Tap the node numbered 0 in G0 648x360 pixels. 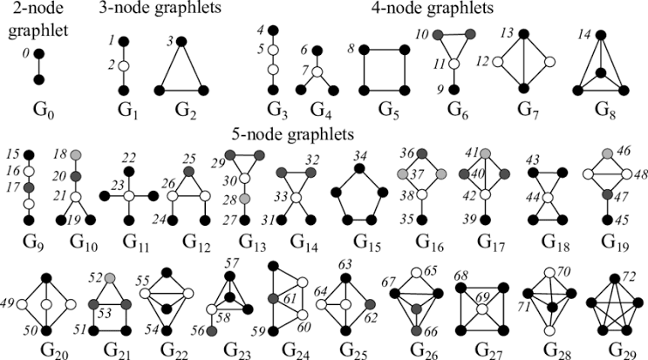tap(38, 54)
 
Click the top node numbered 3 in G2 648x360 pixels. tap(181, 41)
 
